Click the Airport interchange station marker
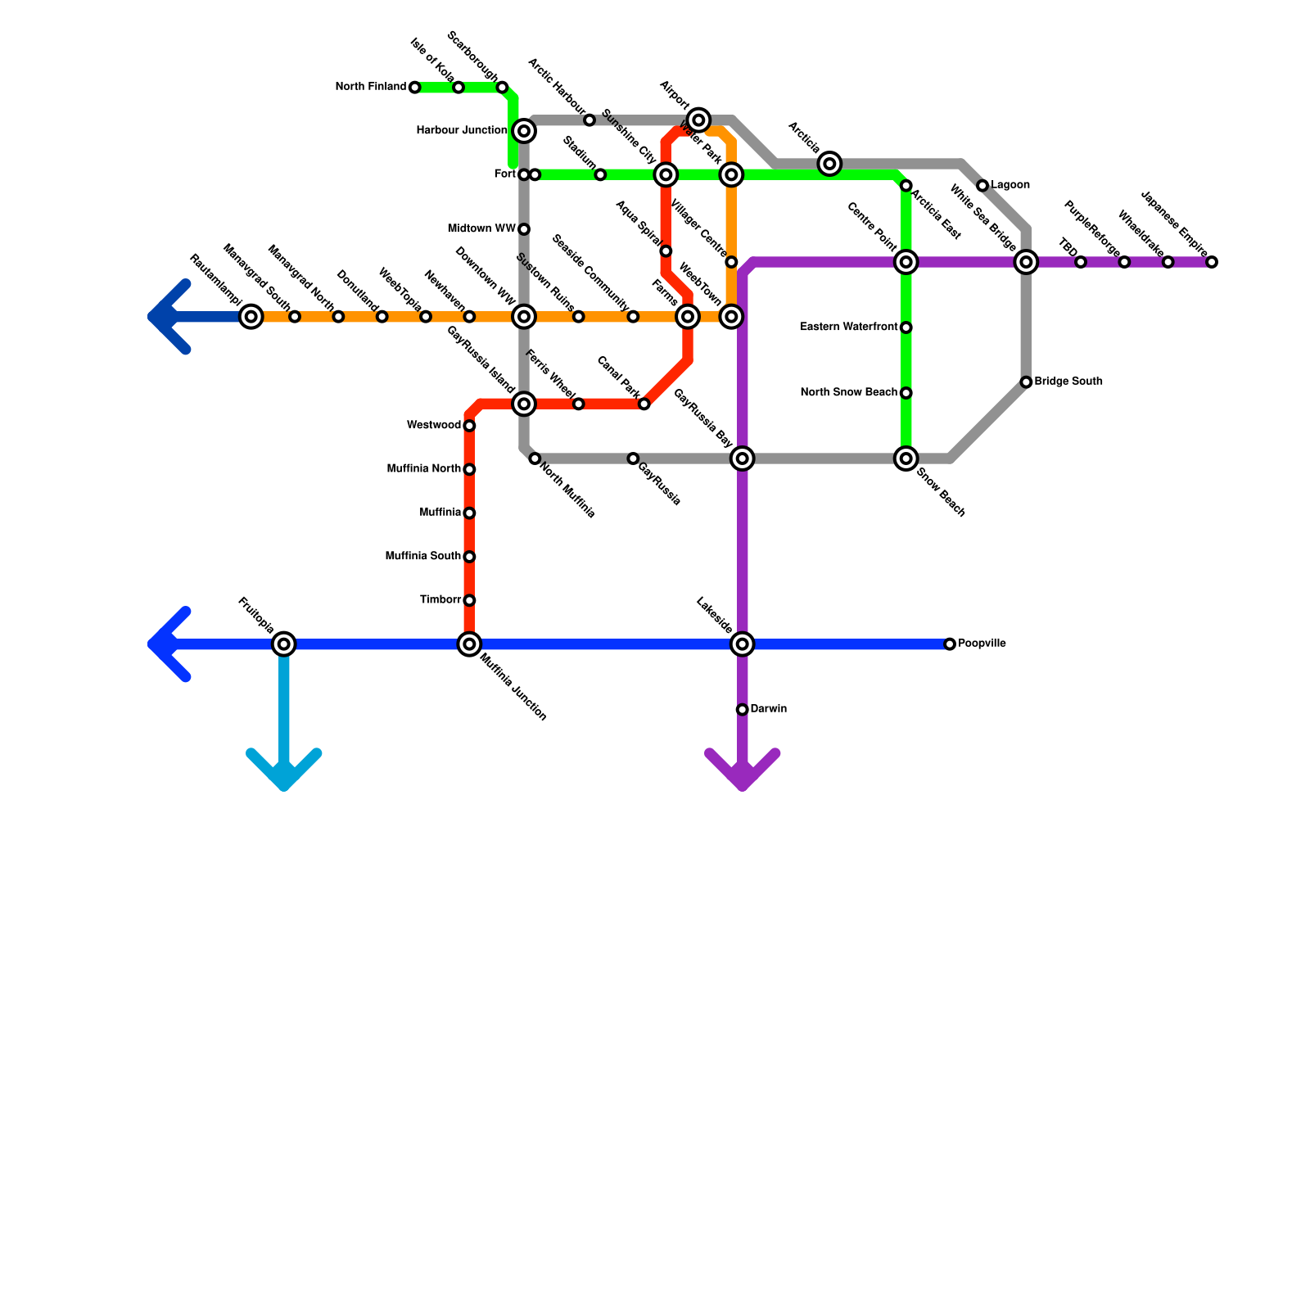[698, 120]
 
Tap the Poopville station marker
[950, 644]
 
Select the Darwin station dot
[742, 710]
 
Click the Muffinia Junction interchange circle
[469, 644]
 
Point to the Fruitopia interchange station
[283, 644]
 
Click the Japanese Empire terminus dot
[1212, 262]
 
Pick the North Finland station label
[371, 87]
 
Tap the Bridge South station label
[1068, 382]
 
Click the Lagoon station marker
[982, 186]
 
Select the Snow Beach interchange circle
[906, 458]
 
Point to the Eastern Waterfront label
[849, 327]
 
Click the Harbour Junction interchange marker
[525, 131]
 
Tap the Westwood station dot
[469, 426]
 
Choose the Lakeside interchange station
[743, 644]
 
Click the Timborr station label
[440, 600]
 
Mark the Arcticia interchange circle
[829, 164]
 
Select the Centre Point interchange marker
[906, 262]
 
